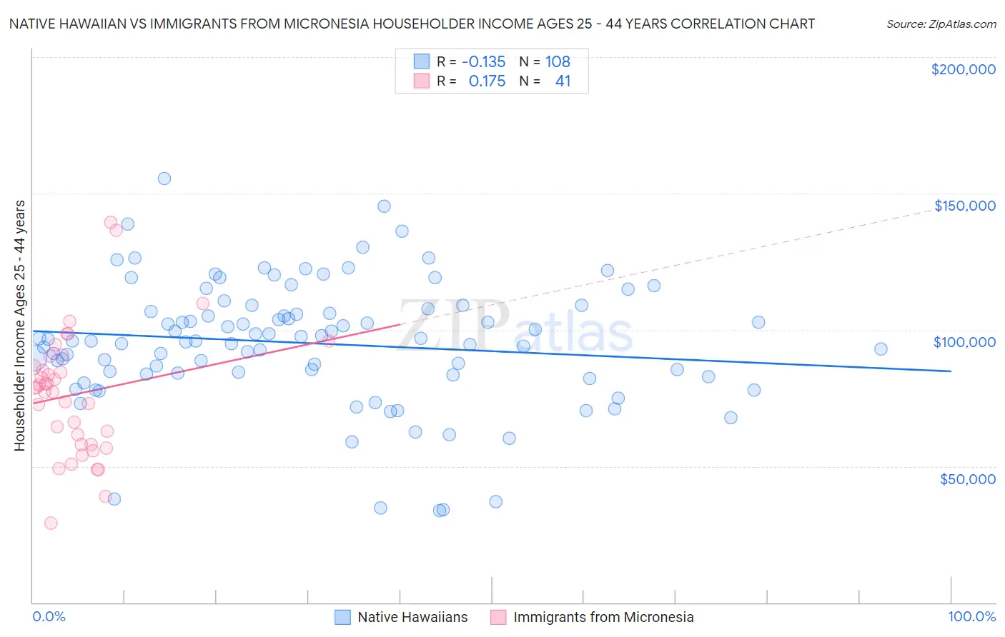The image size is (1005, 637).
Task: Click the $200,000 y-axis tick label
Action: pyautogui.click(x=963, y=69)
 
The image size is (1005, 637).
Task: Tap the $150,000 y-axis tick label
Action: pyautogui.click(x=964, y=206)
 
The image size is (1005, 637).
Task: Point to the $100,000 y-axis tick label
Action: pyautogui.click(x=964, y=342)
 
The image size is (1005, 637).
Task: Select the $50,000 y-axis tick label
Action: pyautogui.click(x=967, y=478)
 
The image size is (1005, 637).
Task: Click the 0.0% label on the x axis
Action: pyautogui.click(x=49, y=617)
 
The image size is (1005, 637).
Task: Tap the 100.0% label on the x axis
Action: pyautogui.click(x=971, y=617)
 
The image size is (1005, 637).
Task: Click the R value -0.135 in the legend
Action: pyautogui.click(x=483, y=62)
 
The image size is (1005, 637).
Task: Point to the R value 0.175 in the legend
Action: pyautogui.click(x=487, y=81)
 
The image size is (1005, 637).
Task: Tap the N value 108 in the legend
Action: pyautogui.click(x=558, y=62)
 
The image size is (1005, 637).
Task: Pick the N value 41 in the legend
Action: pyautogui.click(x=563, y=81)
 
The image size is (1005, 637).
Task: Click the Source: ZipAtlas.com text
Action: pyautogui.click(x=941, y=24)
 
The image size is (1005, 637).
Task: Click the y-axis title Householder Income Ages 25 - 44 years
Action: pyautogui.click(x=20, y=326)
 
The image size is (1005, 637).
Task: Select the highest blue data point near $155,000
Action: pyautogui.click(x=164, y=179)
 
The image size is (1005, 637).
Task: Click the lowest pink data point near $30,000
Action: pyautogui.click(x=51, y=523)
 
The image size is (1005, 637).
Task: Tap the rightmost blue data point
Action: pyautogui.click(x=881, y=349)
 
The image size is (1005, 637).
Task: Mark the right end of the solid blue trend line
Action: pyautogui.click(x=951, y=371)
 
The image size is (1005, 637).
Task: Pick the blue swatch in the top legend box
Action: pyautogui.click(x=422, y=62)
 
